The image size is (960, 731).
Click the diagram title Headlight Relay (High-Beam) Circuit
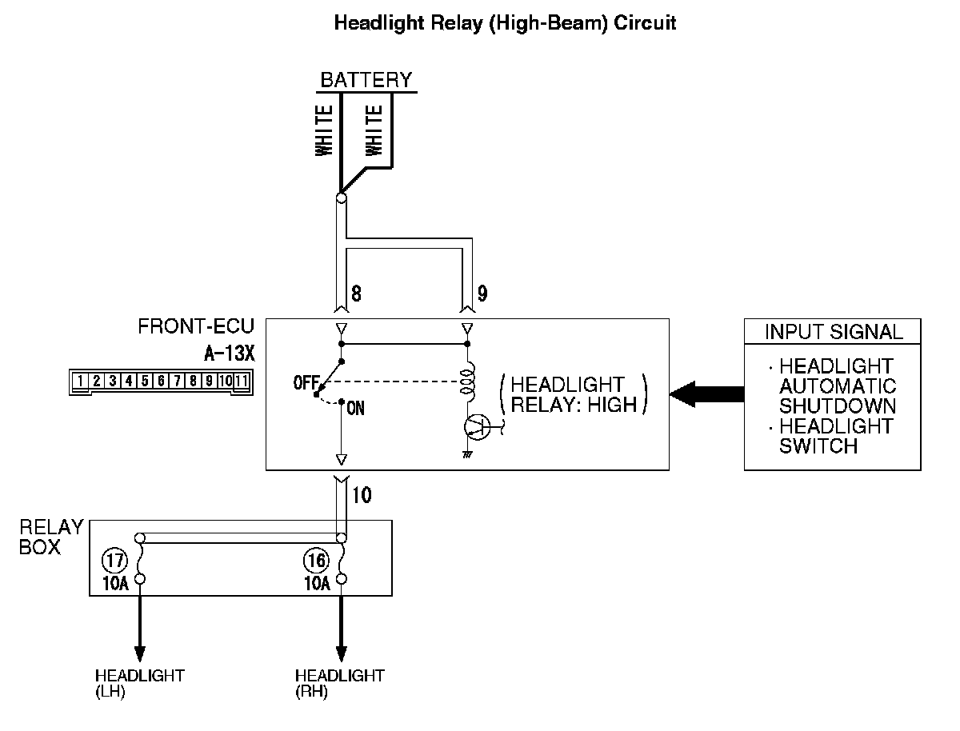tap(505, 23)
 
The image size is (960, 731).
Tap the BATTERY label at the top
tap(366, 80)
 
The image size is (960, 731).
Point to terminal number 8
tap(356, 294)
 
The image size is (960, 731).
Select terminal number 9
tap(482, 294)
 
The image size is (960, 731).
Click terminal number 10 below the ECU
tap(361, 495)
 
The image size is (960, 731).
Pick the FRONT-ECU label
tap(196, 326)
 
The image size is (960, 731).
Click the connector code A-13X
tap(230, 352)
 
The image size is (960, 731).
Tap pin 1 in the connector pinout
tap(81, 381)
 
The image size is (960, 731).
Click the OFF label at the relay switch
tap(306, 383)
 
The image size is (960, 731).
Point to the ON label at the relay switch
tap(356, 409)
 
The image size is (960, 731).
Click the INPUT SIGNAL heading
tap(833, 332)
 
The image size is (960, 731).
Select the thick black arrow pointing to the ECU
tap(709, 393)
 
